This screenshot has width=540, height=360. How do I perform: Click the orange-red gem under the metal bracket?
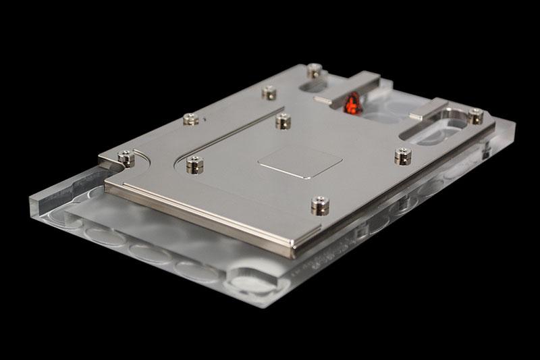(x=351, y=105)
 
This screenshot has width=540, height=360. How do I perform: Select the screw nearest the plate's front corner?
(x=316, y=203)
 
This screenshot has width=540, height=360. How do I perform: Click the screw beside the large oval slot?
(x=476, y=117)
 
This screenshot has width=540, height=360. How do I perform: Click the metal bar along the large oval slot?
(x=428, y=108)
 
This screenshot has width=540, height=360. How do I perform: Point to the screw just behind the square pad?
(x=283, y=120)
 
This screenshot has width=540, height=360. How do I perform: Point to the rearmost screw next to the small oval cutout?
(x=312, y=70)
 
